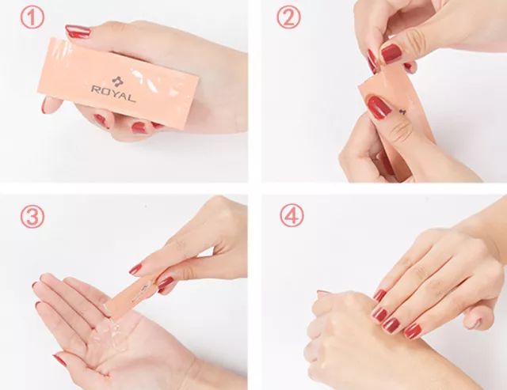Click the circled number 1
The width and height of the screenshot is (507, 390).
point(32,18)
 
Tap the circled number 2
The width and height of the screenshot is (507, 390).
point(288,17)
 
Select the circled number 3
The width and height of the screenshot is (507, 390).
point(32,217)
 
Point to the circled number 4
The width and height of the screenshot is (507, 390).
point(292,215)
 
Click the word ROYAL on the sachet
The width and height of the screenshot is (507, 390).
point(113,93)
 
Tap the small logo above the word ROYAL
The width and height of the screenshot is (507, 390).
point(116,81)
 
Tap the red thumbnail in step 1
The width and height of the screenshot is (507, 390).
point(78,31)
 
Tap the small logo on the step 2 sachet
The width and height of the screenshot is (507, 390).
point(402,112)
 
